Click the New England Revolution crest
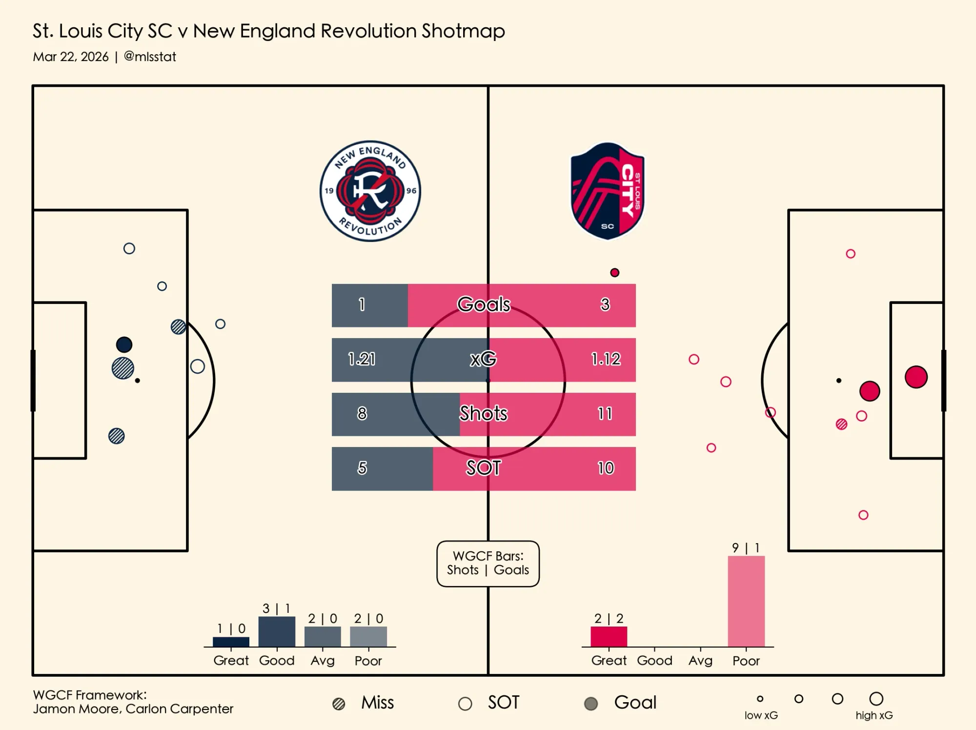tap(370, 191)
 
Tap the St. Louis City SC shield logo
tap(607, 191)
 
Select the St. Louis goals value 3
tap(605, 304)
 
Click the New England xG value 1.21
tap(362, 359)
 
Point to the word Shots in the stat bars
tap(483, 413)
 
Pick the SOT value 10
tap(606, 468)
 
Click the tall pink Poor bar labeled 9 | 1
tap(746, 601)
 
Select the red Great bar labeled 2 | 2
tap(609, 637)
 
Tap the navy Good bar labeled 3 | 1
tap(277, 632)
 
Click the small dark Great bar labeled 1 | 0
tap(231, 642)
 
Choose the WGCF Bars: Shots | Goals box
tap(488, 563)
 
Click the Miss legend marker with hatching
tap(339, 704)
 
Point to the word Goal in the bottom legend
tap(635, 703)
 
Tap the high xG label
tap(874, 715)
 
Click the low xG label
tap(761, 715)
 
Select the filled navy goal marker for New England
tap(124, 345)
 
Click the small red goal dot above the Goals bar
tap(615, 272)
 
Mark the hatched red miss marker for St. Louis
tap(841, 424)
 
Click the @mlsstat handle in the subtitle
tap(150, 57)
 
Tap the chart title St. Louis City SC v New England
tap(268, 31)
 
